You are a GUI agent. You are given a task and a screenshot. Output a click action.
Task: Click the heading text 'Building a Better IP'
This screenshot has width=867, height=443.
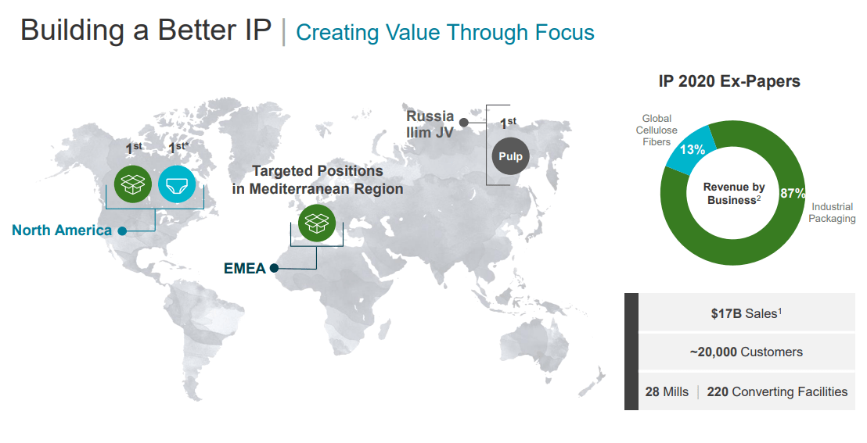[x=146, y=30]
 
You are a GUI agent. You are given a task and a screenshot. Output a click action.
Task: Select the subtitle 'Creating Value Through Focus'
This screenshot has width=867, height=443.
[x=445, y=33]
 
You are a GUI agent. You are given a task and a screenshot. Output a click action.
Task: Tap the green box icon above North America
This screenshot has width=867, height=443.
[x=132, y=184]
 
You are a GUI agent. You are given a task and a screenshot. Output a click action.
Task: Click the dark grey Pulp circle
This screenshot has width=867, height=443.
[x=510, y=156]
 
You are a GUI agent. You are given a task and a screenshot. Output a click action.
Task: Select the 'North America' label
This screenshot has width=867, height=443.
[x=62, y=230]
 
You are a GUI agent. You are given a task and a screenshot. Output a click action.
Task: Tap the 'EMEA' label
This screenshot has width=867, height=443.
[x=245, y=269]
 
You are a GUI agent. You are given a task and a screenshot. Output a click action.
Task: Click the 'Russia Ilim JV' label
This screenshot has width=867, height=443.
[x=430, y=124]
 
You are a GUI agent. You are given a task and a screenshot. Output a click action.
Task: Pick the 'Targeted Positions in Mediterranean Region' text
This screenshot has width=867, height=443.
[x=318, y=180]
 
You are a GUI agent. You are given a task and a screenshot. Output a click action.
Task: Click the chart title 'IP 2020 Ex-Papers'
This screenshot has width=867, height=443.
[x=729, y=81]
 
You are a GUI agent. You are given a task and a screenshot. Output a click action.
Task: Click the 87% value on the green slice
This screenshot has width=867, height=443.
[x=792, y=193]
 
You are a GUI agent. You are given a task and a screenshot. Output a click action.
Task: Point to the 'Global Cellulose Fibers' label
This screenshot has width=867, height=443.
[x=656, y=130]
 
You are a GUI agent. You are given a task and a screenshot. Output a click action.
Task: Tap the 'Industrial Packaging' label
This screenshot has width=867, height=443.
[x=831, y=213]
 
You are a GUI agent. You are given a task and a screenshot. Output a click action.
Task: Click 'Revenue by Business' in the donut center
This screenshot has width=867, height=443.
[x=734, y=194]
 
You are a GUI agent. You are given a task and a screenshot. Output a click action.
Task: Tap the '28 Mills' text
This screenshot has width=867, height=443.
[x=667, y=391]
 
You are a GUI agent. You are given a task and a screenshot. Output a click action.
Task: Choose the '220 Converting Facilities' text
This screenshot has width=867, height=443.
[x=777, y=391]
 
